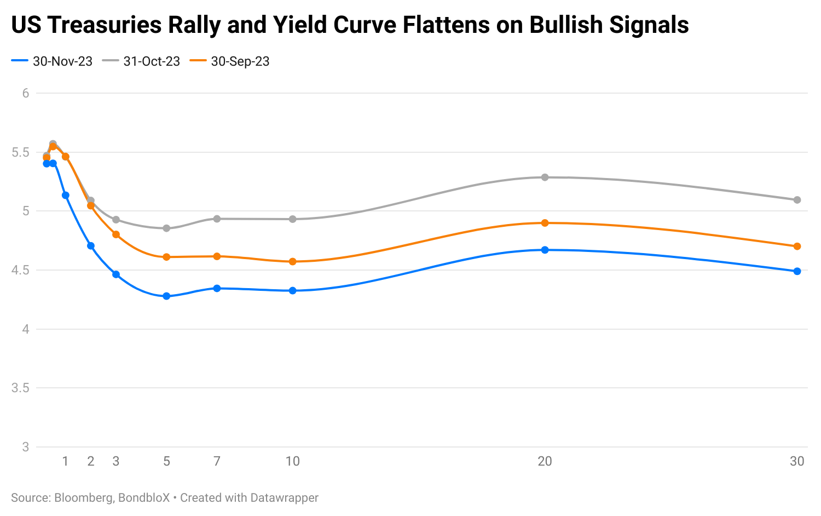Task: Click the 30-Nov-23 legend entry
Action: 52,61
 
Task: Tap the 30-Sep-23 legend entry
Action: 230,61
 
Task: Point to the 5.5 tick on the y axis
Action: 20,152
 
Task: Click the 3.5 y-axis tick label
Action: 20,388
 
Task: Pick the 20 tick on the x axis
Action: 545,461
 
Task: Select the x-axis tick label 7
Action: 217,461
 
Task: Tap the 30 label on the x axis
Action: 797,461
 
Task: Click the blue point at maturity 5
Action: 166,296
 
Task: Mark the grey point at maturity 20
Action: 545,177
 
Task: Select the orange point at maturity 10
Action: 292,261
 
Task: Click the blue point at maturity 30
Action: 797,271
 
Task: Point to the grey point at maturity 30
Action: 797,200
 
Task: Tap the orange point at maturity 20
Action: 545,223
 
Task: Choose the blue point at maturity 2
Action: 91,246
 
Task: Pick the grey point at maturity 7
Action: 217,219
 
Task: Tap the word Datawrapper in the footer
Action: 284,498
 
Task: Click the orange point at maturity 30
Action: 797,246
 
